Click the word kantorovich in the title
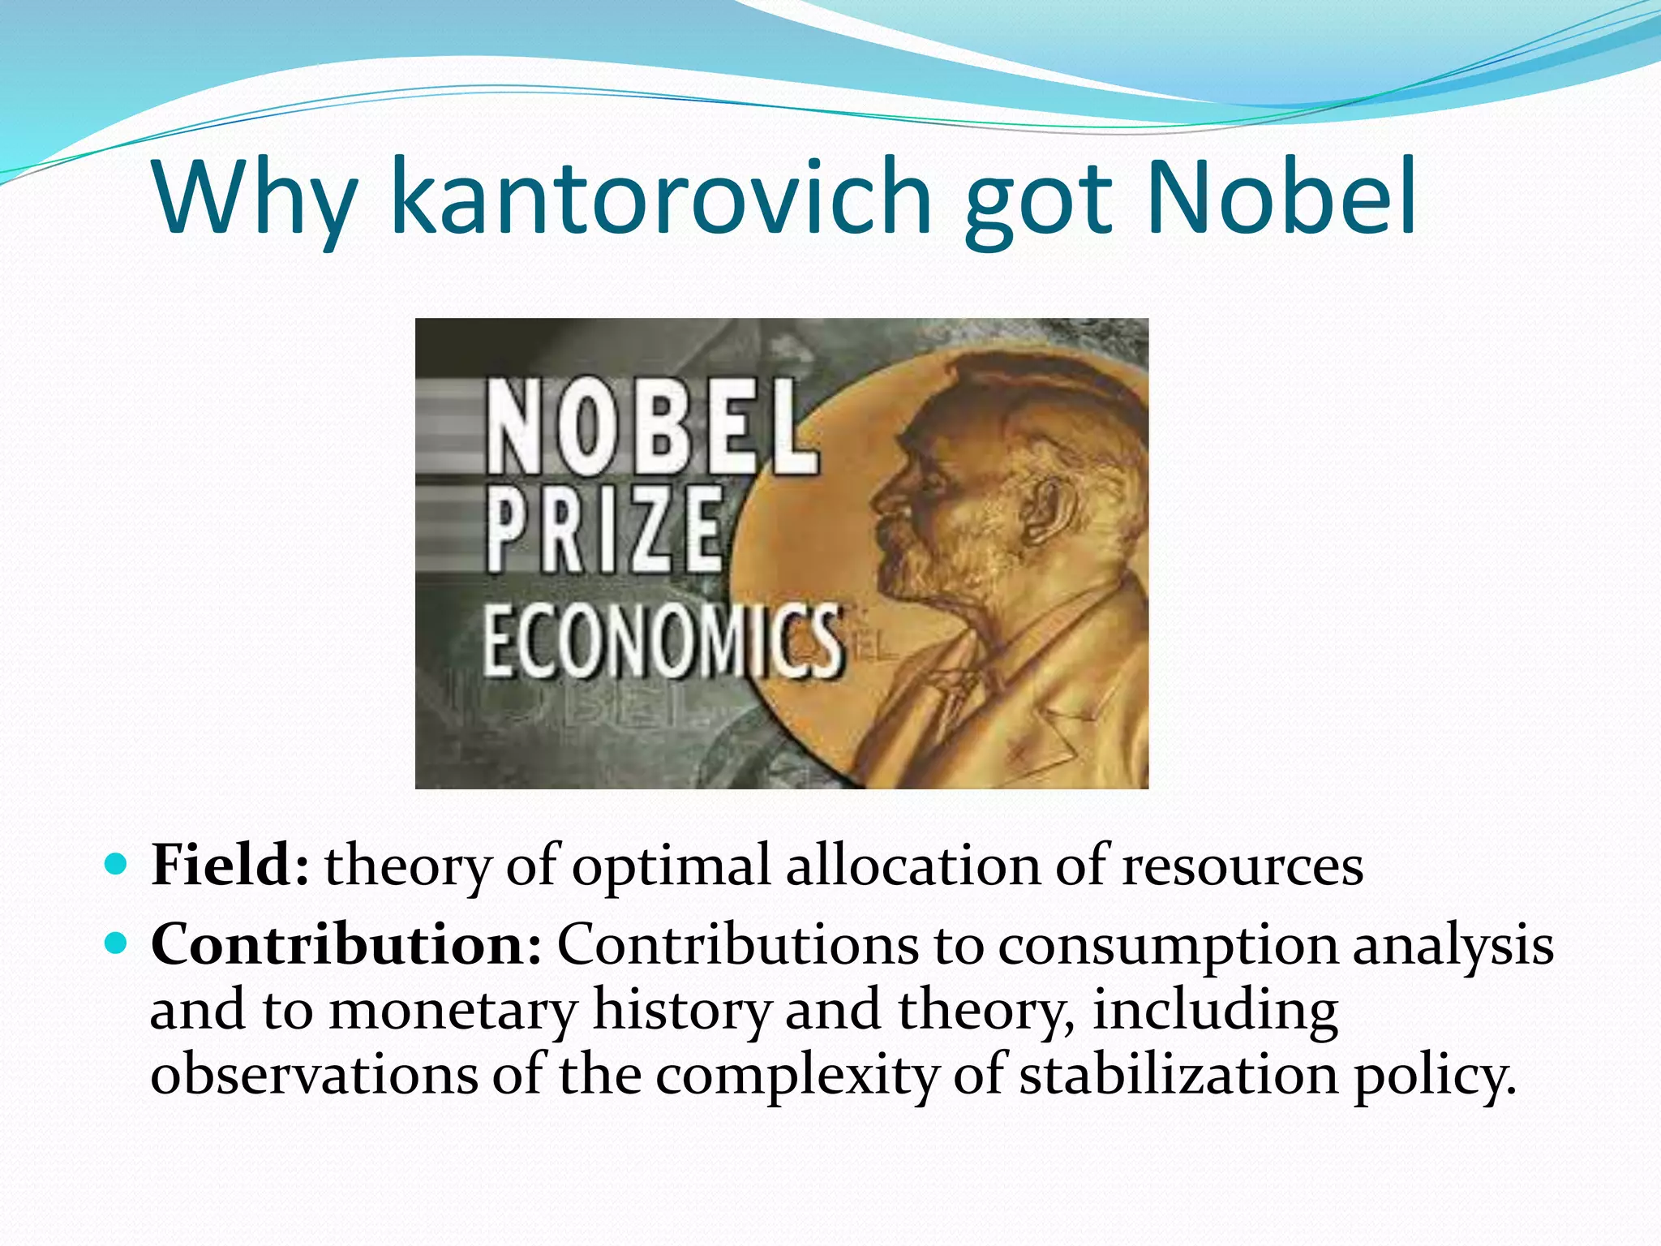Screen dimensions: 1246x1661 [x=661, y=197]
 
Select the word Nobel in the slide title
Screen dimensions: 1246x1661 [x=1281, y=197]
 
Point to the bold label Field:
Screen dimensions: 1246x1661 [x=230, y=865]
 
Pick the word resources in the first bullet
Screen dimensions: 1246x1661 [x=1242, y=866]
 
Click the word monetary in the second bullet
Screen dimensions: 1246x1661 [x=453, y=1011]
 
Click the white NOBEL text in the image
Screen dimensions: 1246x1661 [x=650, y=429]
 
